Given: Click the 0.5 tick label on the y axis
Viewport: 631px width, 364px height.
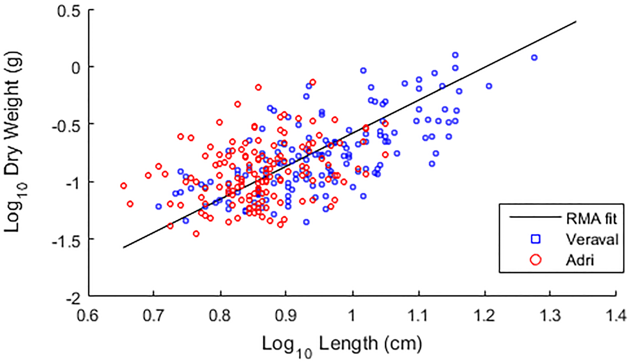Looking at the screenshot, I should pyautogui.click(x=69, y=12).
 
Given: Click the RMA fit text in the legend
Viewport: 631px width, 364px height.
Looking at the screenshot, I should pyautogui.click(x=591, y=219).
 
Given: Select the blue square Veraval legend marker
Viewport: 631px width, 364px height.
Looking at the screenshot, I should pyautogui.click(x=536, y=239).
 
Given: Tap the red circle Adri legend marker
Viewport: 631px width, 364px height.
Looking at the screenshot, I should pyautogui.click(x=536, y=260).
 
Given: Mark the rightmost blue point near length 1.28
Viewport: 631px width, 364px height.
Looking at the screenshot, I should pyautogui.click(x=534, y=58).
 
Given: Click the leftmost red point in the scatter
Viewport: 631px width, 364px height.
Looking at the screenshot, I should pyautogui.click(x=123, y=186).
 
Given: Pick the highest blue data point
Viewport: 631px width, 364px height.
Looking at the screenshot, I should pyautogui.click(x=455, y=55).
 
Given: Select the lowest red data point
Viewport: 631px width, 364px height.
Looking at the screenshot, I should pyautogui.click(x=196, y=234).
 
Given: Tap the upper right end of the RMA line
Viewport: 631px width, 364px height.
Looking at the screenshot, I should pyautogui.click(x=576, y=21).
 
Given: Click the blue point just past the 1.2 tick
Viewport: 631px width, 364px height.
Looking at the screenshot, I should pyautogui.click(x=489, y=86).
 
